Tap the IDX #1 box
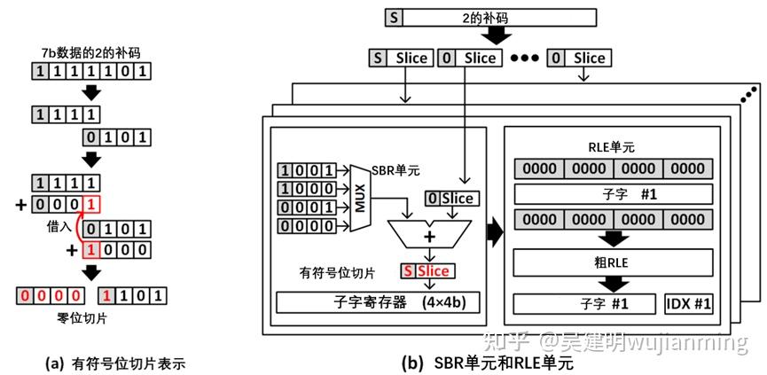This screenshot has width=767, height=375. tap(688, 303)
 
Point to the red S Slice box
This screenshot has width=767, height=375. tap(427, 270)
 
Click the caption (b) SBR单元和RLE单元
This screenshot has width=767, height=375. tap(488, 363)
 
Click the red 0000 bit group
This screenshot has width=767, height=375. tap(50, 295)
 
